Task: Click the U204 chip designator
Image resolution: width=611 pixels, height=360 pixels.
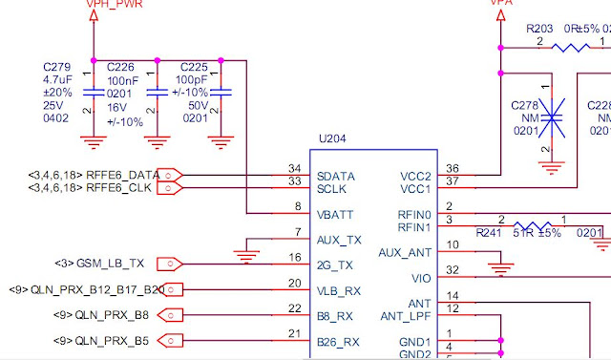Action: pyautogui.click(x=331, y=138)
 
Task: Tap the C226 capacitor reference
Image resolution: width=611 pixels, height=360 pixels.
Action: pyautogui.click(x=120, y=67)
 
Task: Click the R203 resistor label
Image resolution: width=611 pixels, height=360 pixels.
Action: pyautogui.click(x=541, y=30)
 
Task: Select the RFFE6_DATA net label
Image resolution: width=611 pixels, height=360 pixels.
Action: pyautogui.click(x=121, y=175)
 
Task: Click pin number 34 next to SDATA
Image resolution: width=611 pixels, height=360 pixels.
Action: pyautogui.click(x=294, y=169)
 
